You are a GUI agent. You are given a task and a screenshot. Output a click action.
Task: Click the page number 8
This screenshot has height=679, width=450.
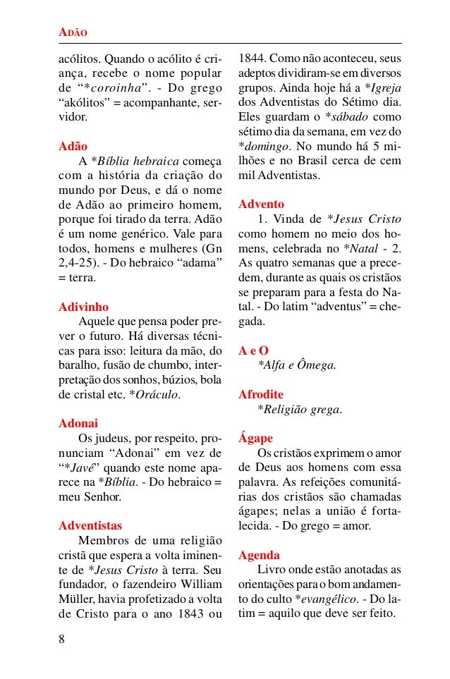62,640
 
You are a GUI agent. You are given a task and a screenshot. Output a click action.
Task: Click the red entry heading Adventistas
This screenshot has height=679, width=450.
90,525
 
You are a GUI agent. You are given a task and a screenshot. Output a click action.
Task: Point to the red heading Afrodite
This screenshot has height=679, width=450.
261,394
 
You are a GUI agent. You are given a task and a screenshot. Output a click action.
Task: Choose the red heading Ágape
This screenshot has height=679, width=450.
255,438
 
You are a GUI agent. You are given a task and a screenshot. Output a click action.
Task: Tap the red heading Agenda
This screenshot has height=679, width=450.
259,554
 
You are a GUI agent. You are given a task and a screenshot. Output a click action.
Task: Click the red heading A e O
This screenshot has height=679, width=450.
253,350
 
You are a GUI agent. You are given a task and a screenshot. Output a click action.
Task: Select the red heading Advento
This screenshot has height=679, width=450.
261,204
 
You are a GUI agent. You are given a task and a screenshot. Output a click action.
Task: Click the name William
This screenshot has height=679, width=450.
201,583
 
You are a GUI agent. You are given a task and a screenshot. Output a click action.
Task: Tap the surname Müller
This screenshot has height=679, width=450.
75,598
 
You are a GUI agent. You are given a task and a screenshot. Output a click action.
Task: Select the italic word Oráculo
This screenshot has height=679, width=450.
154,394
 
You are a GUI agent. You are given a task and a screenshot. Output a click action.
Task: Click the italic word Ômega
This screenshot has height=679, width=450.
317,365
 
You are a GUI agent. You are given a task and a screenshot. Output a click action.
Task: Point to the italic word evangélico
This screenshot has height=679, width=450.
326,598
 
